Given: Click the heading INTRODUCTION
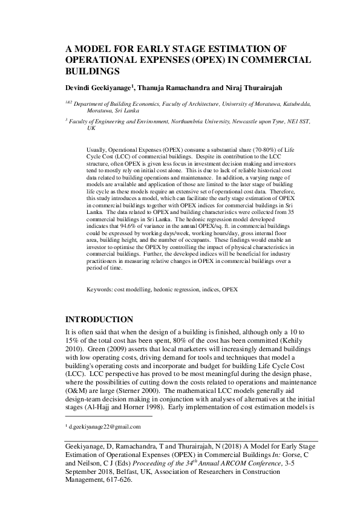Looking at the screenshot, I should click(99, 319).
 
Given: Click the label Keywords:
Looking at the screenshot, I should click(102, 290).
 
